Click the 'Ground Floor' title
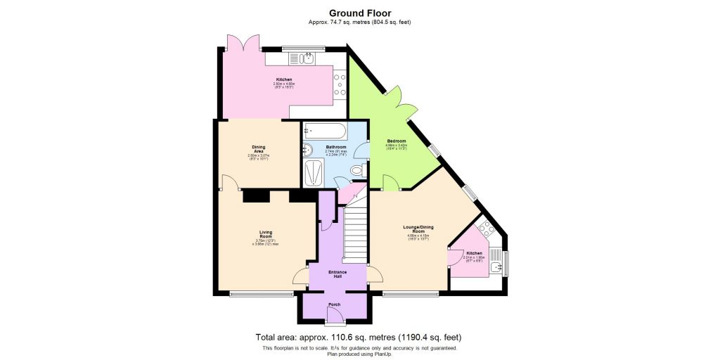pyautogui.click(x=359, y=13)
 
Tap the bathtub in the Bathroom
pyautogui.click(x=324, y=130)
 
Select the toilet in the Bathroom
pyautogui.click(x=356, y=170)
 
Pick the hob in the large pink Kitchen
pyautogui.click(x=338, y=84)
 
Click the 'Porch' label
pyautogui.click(x=335, y=304)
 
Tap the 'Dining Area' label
pyautogui.click(x=258, y=149)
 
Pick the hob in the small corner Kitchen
pyautogui.click(x=485, y=229)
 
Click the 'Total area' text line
pyautogui.click(x=359, y=337)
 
